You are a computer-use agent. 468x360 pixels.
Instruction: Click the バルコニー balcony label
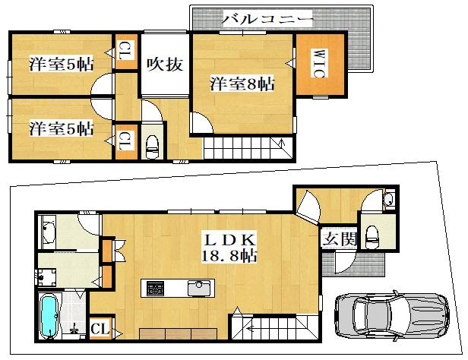(267, 19)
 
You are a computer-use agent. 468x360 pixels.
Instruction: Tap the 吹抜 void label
(165, 64)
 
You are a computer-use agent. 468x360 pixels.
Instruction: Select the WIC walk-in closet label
(320, 63)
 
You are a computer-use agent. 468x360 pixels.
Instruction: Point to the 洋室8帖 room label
(242, 84)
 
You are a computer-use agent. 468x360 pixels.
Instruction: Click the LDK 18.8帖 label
(229, 248)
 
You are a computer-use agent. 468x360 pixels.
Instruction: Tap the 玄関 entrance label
(340, 238)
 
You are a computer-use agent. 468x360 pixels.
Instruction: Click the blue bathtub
(49, 315)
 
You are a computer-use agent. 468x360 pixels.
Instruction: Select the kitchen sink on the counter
(199, 288)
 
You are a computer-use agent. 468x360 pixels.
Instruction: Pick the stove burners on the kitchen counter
(155, 289)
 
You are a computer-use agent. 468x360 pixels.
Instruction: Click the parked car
(391, 315)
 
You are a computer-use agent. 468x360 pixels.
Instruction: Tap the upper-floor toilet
(152, 147)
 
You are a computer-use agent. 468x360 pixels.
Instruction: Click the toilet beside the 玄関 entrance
(372, 236)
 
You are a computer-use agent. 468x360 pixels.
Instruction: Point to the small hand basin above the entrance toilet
(389, 199)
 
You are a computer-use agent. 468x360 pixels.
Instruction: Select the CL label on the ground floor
(100, 329)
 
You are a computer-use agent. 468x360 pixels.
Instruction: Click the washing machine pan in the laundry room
(46, 276)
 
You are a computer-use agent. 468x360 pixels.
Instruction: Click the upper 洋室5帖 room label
(62, 64)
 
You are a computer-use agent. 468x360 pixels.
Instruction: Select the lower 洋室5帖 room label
(62, 128)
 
